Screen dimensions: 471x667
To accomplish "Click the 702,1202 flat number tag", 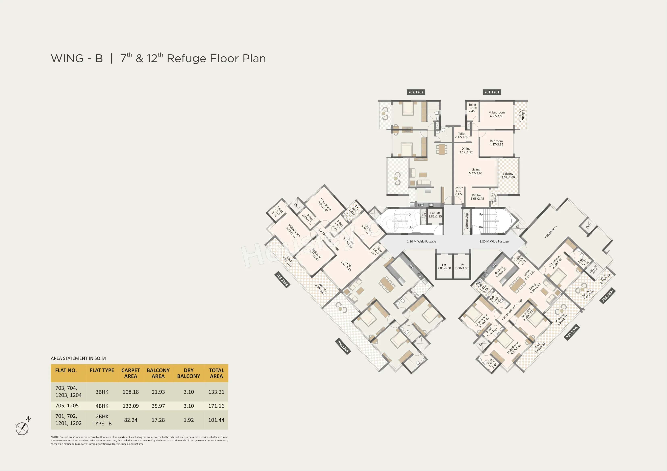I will pyautogui.click(x=416, y=92).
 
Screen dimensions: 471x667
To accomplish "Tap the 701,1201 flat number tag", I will pyautogui.click(x=492, y=92).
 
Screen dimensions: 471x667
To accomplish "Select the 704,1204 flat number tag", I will pyautogui.click(x=343, y=346).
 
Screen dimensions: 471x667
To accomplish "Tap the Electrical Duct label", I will pyautogui.click(x=467, y=221).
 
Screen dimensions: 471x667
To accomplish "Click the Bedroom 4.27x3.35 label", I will pyautogui.click(x=496, y=143).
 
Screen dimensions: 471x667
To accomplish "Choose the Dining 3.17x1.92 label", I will pyautogui.click(x=466, y=150).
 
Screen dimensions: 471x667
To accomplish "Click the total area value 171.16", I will pyautogui.click(x=216, y=406).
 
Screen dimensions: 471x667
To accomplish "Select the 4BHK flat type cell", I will pyautogui.click(x=102, y=406).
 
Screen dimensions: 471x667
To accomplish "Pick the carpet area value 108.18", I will pyautogui.click(x=130, y=392).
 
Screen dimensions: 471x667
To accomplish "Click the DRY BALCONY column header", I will pyautogui.click(x=189, y=373).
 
